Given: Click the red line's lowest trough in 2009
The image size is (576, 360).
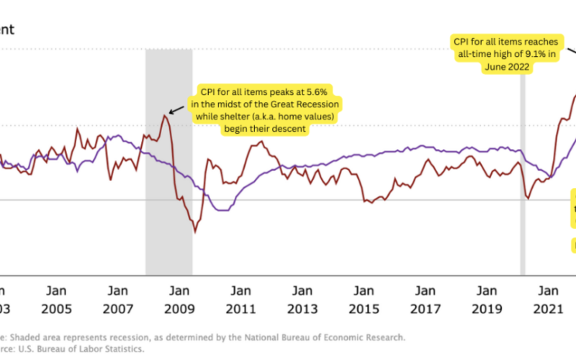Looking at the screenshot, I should pos(194,232).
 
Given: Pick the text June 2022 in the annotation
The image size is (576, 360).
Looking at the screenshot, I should pos(507,67).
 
